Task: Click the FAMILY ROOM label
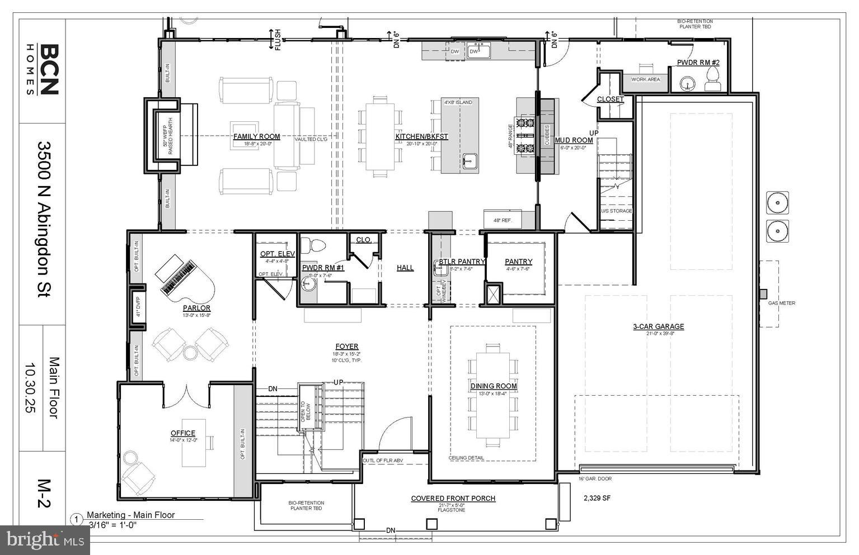click(x=256, y=136)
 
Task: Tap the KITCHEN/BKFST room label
click(x=421, y=136)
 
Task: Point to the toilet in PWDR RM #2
click(x=712, y=80)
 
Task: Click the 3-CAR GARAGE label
click(x=658, y=326)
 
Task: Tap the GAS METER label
click(x=781, y=303)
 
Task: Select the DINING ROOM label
click(x=493, y=386)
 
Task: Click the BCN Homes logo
click(x=43, y=70)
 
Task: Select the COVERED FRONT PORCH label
click(x=453, y=499)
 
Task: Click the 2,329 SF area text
click(x=597, y=498)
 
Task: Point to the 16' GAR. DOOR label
click(x=595, y=478)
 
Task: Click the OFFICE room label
click(x=183, y=433)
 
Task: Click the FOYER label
click(x=346, y=347)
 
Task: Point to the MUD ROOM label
click(x=574, y=140)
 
